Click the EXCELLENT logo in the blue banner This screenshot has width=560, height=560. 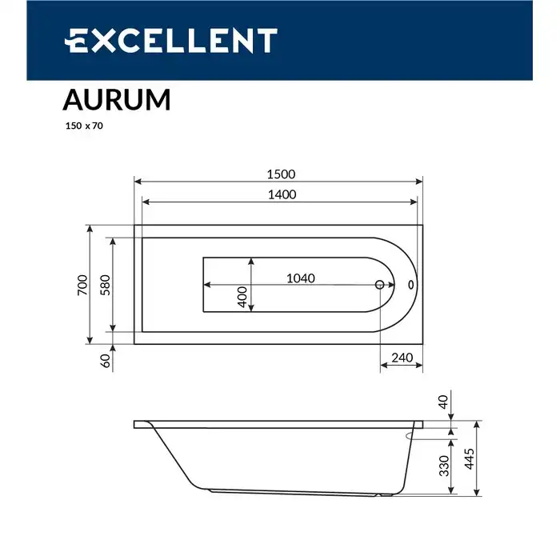(170, 40)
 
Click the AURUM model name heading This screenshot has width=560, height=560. (116, 100)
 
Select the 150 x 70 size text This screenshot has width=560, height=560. (84, 126)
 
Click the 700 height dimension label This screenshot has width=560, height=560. (82, 286)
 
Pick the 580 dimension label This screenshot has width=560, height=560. (104, 286)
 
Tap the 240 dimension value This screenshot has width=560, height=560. (402, 358)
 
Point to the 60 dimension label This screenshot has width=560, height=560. (105, 361)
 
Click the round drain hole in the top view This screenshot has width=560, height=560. (380, 284)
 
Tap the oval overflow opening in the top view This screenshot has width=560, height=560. (410, 284)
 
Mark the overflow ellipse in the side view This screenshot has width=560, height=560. (419, 436)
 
